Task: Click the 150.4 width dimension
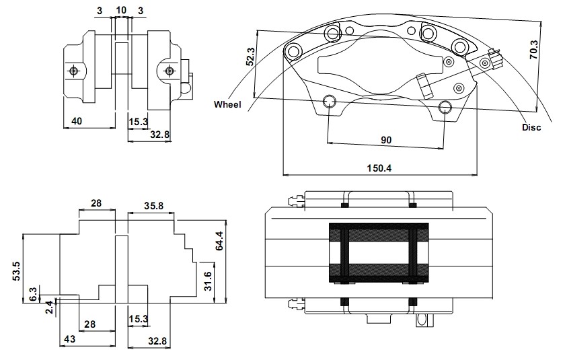[x=379, y=168]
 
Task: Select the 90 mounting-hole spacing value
[x=386, y=140]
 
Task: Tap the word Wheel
[x=227, y=104]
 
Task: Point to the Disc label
[x=531, y=127]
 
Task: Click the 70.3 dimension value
[x=533, y=50]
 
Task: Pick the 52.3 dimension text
[x=250, y=57]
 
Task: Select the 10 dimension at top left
[x=122, y=10]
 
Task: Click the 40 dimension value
[x=77, y=121]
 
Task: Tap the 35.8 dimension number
[x=154, y=206]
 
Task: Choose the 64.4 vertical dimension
[x=219, y=241]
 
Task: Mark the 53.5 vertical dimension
[x=17, y=271]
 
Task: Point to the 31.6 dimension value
[x=208, y=281]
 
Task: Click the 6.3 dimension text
[x=33, y=295]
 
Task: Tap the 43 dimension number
[x=69, y=339]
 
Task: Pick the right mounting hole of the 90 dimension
[x=445, y=107]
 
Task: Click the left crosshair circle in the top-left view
[x=74, y=71]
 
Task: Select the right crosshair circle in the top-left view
[x=169, y=71]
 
